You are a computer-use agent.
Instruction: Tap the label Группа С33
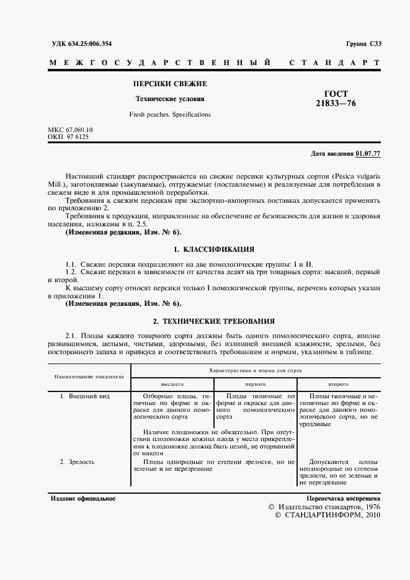pyautogui.click(x=363, y=43)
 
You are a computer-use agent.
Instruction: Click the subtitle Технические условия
pyautogui.click(x=170, y=99)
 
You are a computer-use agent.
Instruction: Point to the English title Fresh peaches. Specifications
pyautogui.click(x=170, y=115)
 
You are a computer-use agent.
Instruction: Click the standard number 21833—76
pyautogui.click(x=336, y=104)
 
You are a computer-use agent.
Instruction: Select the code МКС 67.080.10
pyautogui.click(x=70, y=130)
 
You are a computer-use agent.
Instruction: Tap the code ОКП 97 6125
pyautogui.click(x=68, y=136)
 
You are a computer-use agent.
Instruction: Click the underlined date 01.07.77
pyautogui.click(x=368, y=153)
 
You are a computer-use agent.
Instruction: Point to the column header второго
pyautogui.click(x=339, y=384)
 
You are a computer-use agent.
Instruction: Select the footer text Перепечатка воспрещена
pyautogui.click(x=344, y=499)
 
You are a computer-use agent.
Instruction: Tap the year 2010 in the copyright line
pyautogui.click(x=370, y=515)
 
